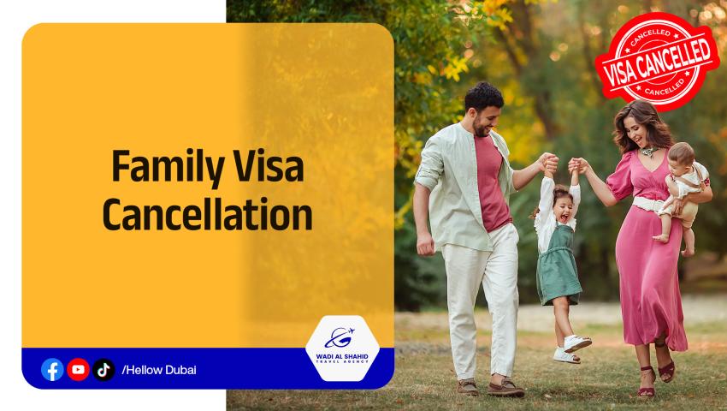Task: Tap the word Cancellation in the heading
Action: pos(207,214)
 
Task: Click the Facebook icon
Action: pos(52,369)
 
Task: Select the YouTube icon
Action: pos(78,369)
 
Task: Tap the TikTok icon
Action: pos(103,369)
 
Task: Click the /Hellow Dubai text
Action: pos(159,370)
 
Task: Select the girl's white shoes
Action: pos(572,348)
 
